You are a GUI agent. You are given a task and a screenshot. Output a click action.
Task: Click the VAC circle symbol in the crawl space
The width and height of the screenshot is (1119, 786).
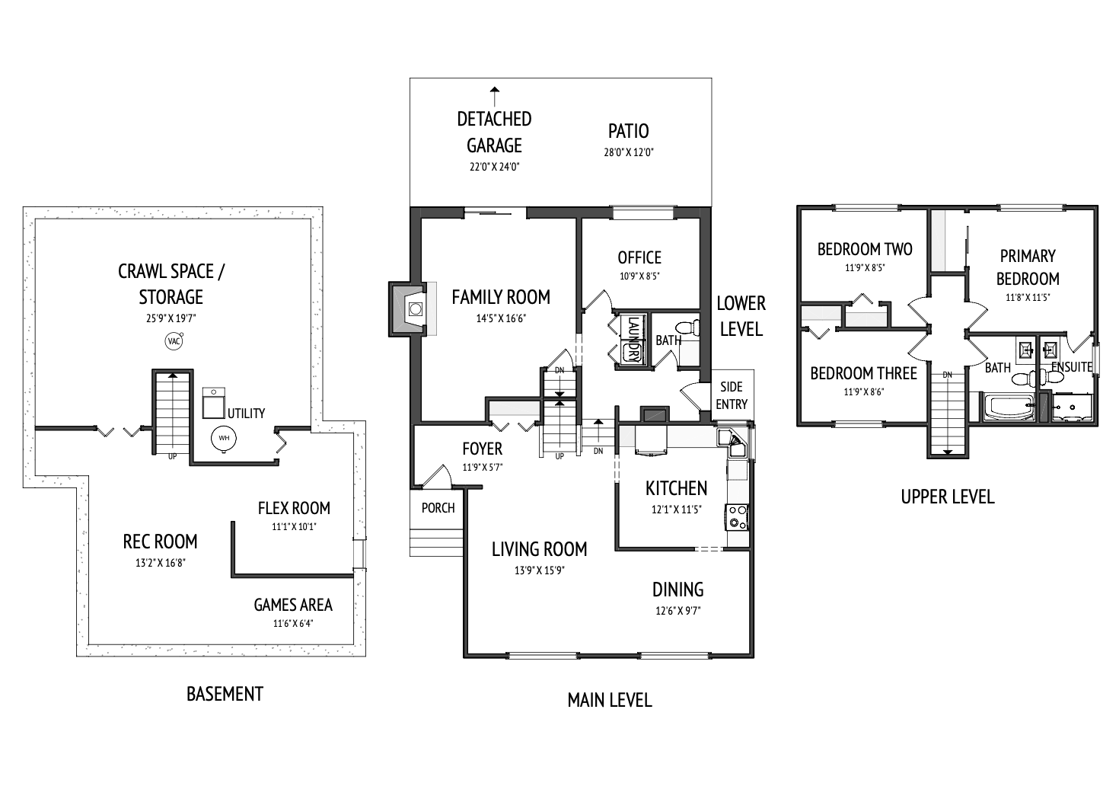click(174, 341)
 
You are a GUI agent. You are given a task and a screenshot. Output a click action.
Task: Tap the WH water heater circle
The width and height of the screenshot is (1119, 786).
click(224, 438)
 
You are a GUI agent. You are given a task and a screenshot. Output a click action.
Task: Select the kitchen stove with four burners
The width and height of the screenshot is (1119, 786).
click(737, 516)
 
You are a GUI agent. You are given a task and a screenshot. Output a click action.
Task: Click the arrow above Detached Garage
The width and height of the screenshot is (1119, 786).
click(495, 97)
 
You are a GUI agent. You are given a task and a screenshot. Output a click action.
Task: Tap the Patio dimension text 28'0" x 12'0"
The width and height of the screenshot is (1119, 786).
click(629, 152)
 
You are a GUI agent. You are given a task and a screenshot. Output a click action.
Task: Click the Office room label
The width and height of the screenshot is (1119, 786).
click(639, 258)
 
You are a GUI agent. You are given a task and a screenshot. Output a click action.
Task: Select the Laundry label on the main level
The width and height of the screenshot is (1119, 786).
click(633, 339)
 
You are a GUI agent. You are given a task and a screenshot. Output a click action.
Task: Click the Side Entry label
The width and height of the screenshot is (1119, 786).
click(732, 395)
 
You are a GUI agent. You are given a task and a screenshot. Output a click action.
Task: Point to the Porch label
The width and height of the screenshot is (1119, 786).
click(438, 508)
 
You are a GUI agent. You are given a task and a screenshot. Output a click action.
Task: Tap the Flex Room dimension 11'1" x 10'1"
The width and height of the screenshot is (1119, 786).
click(294, 526)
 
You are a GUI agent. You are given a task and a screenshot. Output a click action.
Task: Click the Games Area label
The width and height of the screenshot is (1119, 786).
click(293, 605)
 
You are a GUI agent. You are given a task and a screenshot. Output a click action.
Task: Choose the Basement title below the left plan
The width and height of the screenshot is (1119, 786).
click(225, 694)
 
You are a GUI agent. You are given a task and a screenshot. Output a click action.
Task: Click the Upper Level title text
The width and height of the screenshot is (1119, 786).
click(948, 497)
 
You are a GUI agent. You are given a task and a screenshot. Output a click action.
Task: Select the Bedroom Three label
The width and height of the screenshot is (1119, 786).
click(864, 373)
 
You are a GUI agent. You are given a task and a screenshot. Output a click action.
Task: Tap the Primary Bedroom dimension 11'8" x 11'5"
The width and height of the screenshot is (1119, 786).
click(1028, 297)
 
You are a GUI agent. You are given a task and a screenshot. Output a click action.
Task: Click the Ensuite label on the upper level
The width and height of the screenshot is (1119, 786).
click(1072, 367)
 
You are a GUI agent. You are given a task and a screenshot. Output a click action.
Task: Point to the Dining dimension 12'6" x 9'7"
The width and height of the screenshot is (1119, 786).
click(678, 611)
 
